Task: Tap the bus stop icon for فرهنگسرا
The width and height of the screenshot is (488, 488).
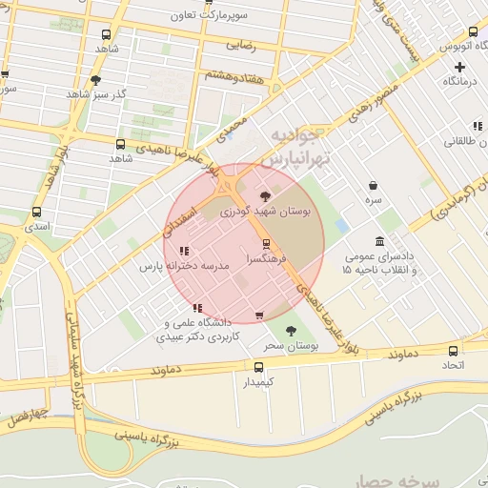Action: coord(266,242)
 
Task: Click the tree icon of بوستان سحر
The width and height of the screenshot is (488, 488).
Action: coord(291,331)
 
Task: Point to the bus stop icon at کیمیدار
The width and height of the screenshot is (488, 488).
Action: coord(258,366)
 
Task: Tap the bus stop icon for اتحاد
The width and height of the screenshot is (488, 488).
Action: coord(453,349)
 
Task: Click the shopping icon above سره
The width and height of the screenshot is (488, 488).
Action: coord(372,186)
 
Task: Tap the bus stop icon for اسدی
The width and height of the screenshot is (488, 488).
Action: coord(37,213)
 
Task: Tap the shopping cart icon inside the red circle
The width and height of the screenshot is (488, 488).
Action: coord(258,315)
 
